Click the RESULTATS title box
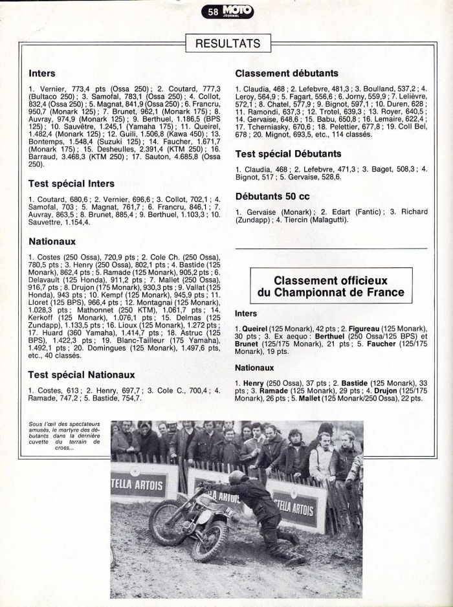tap(227, 44)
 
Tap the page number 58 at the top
tap(213, 11)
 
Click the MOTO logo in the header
tap(237, 10)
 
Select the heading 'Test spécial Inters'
tap(71, 183)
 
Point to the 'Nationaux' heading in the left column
tap(52, 241)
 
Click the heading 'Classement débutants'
tap(287, 74)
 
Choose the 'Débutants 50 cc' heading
tap(275, 195)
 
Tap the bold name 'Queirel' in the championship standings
tap(255, 329)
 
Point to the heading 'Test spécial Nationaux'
tap(82, 375)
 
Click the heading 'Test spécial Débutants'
tap(288, 154)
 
